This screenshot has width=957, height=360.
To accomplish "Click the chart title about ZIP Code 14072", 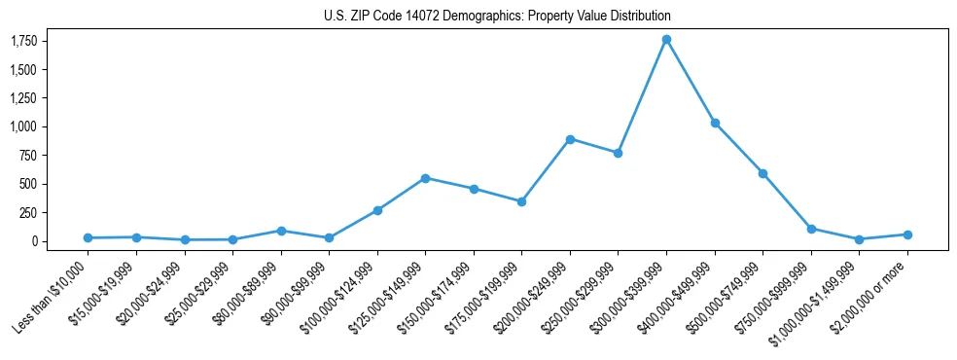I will click(497, 17).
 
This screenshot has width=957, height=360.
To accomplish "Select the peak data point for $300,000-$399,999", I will click(666, 40).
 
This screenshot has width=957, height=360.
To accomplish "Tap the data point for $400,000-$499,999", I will click(715, 123).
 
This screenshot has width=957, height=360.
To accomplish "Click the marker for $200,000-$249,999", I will click(570, 139).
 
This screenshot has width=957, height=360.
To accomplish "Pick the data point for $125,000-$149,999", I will click(425, 178).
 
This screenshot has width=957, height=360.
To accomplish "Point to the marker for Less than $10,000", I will click(88, 237).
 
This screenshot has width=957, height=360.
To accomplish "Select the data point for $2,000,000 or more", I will click(907, 234).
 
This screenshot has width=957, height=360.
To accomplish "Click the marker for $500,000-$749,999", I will click(762, 173).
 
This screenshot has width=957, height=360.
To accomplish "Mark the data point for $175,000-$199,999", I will click(521, 201).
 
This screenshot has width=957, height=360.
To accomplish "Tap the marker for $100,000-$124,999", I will click(377, 210).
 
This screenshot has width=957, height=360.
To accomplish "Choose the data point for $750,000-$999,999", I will click(811, 229).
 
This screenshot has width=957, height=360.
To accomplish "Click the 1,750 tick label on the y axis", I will click(24, 41).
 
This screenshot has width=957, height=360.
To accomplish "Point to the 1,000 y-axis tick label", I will click(24, 126).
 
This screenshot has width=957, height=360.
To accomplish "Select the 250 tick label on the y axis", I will click(29, 212).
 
